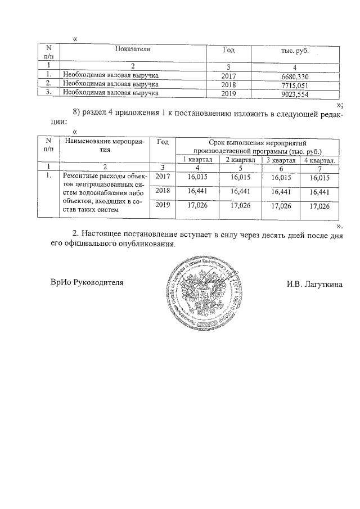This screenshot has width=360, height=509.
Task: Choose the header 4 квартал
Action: click(x=319, y=161)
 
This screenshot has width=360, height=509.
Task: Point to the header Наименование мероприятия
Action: click(x=105, y=146)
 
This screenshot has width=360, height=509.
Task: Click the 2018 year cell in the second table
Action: click(x=163, y=191)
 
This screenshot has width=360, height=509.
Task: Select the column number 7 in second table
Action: click(x=319, y=168)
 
